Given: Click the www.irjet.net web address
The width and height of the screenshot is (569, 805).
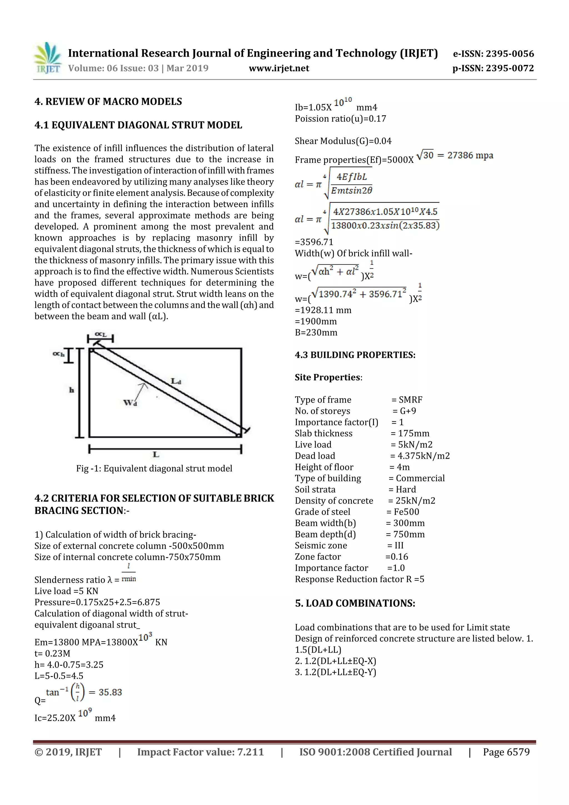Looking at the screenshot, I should (279, 68).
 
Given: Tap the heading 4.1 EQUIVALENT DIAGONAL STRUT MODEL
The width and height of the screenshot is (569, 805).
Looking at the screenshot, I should (138, 125).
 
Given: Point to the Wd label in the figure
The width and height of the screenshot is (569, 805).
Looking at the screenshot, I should (130, 402).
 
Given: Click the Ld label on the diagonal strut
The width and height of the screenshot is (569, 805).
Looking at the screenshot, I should (176, 381).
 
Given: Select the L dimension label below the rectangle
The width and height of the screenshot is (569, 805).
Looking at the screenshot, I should (156, 455).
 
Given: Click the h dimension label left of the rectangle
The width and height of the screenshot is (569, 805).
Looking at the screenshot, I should (71, 390).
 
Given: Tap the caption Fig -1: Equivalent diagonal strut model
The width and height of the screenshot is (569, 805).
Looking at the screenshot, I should (154, 468).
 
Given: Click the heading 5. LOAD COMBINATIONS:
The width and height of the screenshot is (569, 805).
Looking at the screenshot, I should (355, 603).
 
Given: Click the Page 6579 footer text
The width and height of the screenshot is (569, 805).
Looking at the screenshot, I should (506, 752).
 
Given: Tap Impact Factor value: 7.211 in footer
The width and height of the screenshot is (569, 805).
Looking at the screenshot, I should (200, 752).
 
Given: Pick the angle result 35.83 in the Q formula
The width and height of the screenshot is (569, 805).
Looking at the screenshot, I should (110, 692).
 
